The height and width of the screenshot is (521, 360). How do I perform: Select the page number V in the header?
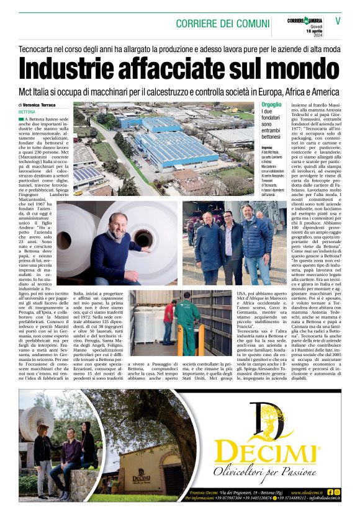(338, 20)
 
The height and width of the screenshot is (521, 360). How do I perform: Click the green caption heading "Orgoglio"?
(271, 105)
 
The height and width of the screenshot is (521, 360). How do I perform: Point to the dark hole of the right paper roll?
(144, 238)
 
